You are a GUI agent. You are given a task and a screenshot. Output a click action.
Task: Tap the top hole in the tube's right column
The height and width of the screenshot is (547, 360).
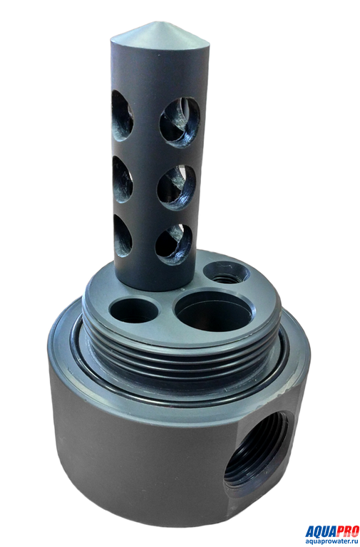click(x=180, y=122)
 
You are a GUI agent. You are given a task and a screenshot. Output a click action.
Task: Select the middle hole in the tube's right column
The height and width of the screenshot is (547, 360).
click(x=176, y=187)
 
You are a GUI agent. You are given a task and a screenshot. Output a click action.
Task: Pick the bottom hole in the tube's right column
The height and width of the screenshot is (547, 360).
click(x=173, y=244)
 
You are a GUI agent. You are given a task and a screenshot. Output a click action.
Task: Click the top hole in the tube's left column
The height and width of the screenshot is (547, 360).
click(x=122, y=116)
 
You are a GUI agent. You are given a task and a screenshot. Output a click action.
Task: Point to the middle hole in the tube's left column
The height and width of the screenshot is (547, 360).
click(x=122, y=179)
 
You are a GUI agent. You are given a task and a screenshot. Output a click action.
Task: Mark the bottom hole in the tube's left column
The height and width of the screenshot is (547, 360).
click(x=123, y=236)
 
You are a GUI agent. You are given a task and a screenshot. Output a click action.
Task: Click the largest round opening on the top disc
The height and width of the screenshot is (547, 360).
click(x=213, y=311)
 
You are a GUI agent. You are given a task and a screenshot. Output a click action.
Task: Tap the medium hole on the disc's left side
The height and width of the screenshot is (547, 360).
click(x=134, y=310)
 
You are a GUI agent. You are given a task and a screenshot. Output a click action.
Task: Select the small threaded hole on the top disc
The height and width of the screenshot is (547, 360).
click(x=227, y=273)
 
